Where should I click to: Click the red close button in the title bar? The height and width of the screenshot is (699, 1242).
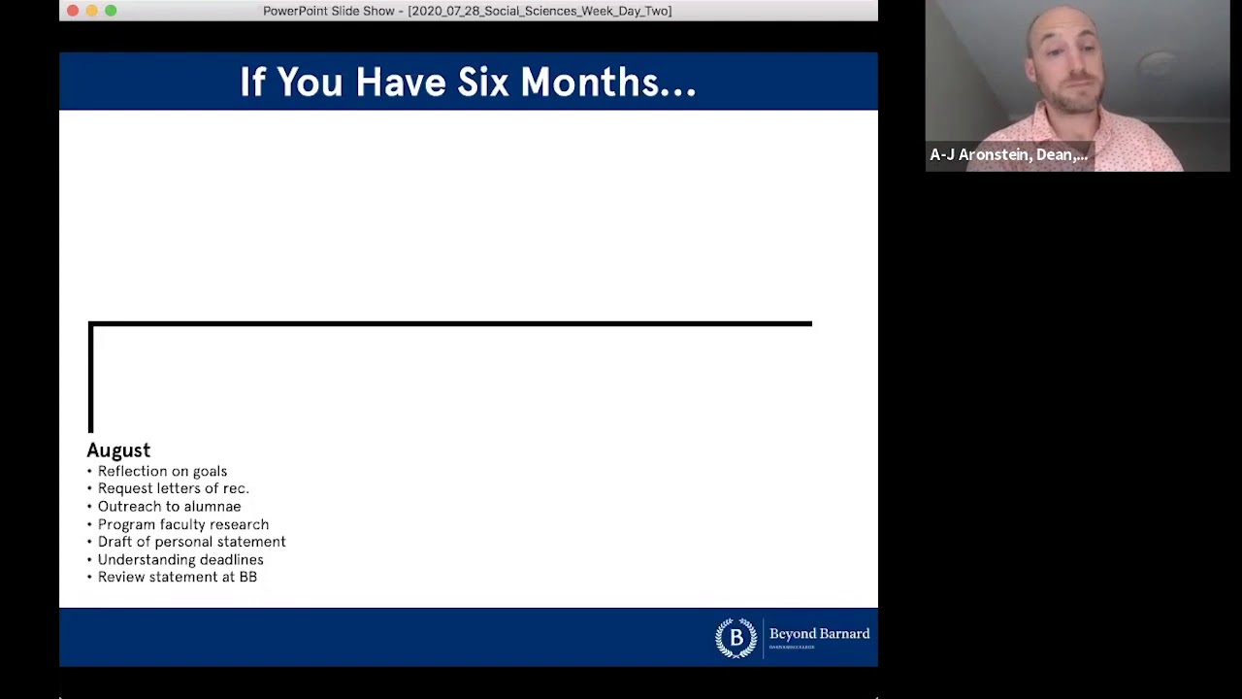point(73,11)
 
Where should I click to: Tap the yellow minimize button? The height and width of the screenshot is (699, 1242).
point(92,11)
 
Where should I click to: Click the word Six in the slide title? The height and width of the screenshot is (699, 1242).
point(483,83)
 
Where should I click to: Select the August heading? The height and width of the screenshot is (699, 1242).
point(118,450)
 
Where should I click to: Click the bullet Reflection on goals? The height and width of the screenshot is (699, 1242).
point(162,472)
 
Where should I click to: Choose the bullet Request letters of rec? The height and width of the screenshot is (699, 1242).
point(173,489)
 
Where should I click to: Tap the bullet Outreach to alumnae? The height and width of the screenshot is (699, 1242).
point(169,507)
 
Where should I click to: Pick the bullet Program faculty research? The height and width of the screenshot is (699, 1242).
point(183,525)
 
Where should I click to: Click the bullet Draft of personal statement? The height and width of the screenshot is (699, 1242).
point(191,543)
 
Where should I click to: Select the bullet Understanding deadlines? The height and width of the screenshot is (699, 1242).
point(180,560)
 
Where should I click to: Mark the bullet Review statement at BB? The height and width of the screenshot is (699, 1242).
point(178,578)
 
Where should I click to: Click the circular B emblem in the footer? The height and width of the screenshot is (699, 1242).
point(735,638)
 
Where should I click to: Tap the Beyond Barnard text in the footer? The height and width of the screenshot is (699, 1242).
point(819,634)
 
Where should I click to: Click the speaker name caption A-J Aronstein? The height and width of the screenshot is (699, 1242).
point(1008,155)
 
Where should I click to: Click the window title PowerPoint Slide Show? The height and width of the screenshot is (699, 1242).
point(467,11)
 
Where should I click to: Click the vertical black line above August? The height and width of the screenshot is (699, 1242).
point(91,379)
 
